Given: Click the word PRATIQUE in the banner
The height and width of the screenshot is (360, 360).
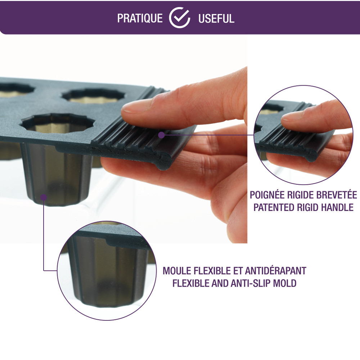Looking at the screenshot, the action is click(x=140, y=19).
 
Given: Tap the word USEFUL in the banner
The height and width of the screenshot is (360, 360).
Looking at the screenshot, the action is click(x=216, y=19).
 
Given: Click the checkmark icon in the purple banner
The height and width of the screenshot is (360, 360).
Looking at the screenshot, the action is click(x=180, y=18).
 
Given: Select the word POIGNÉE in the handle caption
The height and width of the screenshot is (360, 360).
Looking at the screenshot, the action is click(x=267, y=195).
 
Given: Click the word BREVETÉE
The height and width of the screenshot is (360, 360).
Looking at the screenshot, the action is click(x=337, y=195).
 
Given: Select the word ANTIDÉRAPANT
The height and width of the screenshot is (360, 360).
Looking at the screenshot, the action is click(x=276, y=271).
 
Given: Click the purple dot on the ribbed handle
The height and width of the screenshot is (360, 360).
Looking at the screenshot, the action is click(x=162, y=135).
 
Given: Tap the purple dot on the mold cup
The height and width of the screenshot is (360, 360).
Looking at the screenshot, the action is click(x=44, y=197).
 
